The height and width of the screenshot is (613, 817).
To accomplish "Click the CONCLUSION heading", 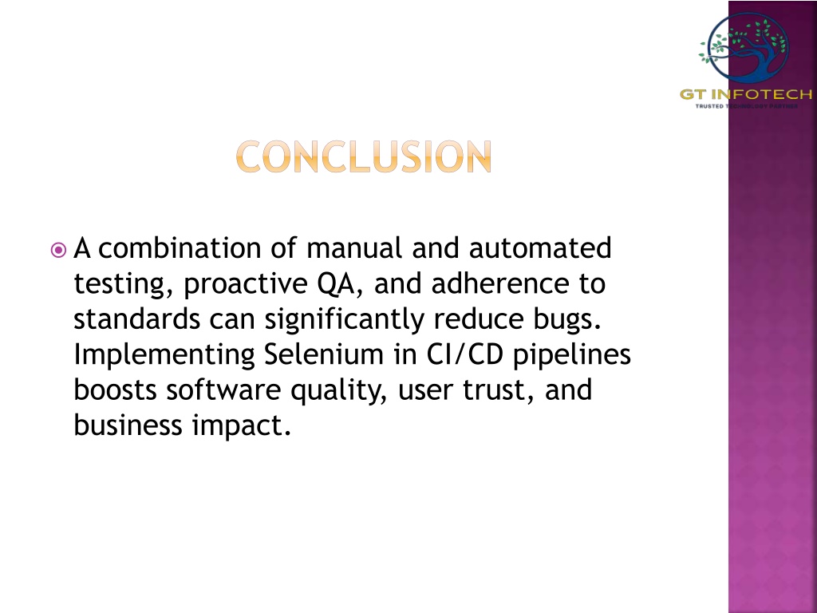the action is [x=364, y=156].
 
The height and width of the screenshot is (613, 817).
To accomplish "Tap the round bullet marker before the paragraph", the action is [x=59, y=250].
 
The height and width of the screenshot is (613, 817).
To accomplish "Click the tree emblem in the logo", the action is [x=744, y=48].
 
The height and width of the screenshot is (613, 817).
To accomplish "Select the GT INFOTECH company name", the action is [x=746, y=94].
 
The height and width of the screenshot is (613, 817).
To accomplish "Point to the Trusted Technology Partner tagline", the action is [x=746, y=106].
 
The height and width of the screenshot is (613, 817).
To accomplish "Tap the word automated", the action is [x=540, y=248].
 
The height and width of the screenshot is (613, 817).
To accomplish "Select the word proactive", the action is [x=246, y=285].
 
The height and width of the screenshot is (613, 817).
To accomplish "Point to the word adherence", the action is [x=500, y=283].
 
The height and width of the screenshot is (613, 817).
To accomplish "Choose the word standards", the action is [x=136, y=319].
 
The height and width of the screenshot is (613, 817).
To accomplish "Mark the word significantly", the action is [x=345, y=320].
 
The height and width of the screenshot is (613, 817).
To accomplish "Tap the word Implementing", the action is [x=164, y=355].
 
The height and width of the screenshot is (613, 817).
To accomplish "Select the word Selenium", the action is [x=324, y=354].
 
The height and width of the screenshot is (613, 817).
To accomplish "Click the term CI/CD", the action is [x=465, y=355].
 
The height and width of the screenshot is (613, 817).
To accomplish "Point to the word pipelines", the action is [x=572, y=355].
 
